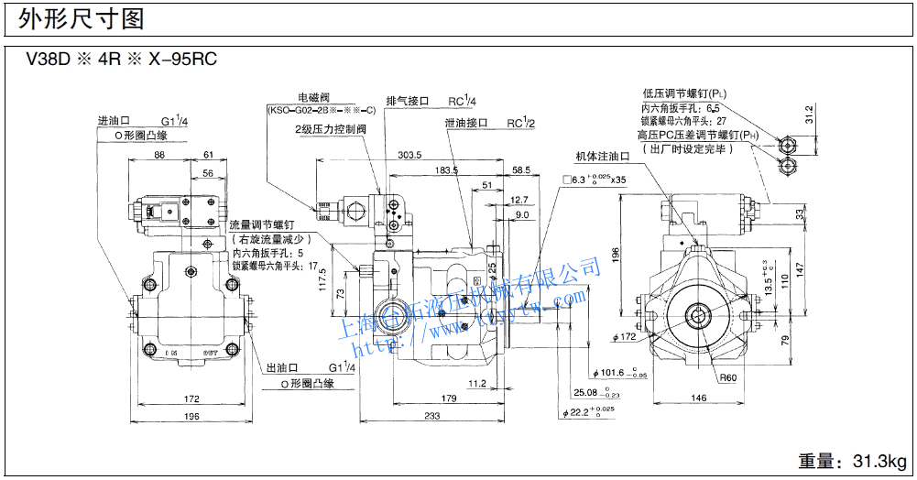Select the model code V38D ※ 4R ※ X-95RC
point(120,60)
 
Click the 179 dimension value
point(448,398)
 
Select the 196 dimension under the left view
point(191,417)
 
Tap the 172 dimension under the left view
point(191,399)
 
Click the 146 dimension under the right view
point(698,398)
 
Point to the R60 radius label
point(727,377)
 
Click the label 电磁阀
point(313,97)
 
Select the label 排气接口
point(408,102)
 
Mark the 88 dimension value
point(160,155)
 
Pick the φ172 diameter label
point(625,337)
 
